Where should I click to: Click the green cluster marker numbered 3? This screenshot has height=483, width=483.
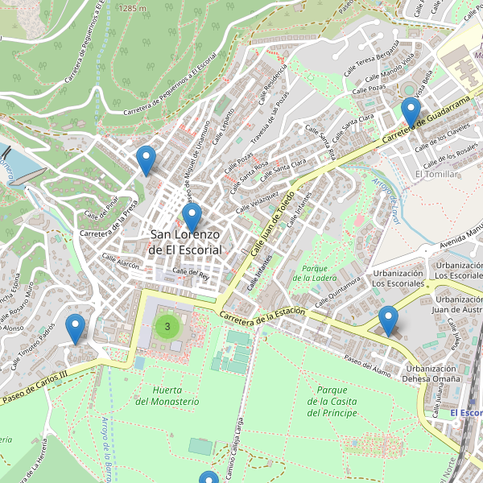167,326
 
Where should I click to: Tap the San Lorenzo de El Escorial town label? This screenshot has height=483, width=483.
185,242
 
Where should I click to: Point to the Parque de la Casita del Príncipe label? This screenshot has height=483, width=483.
332,402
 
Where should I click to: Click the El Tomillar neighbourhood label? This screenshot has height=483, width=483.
436,174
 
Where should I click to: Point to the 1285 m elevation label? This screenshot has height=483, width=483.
132,7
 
